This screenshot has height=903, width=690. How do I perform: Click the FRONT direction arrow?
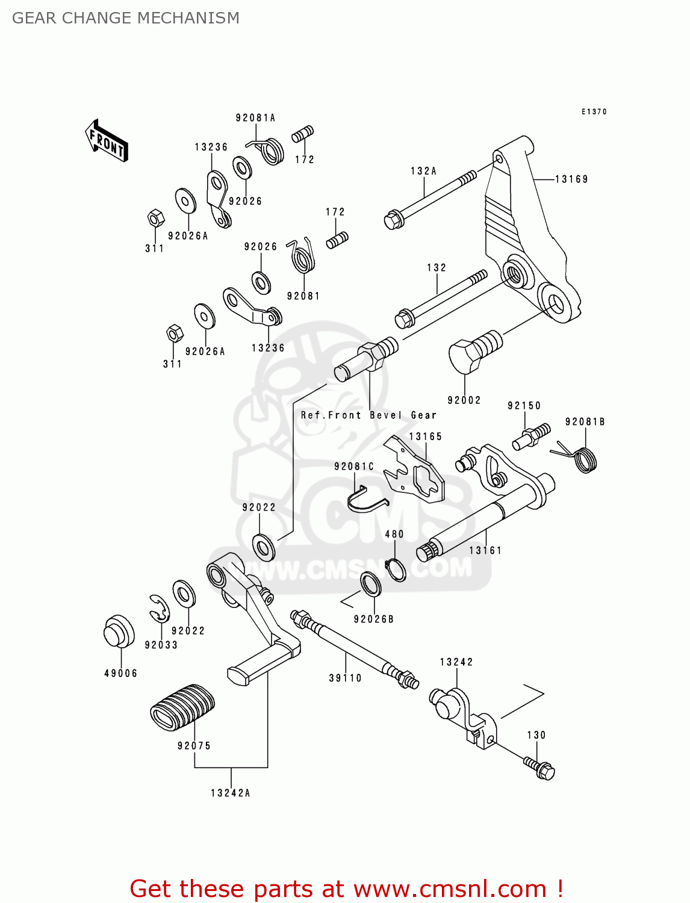pyautogui.click(x=106, y=141)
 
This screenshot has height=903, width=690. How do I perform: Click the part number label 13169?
pyautogui.click(x=571, y=179)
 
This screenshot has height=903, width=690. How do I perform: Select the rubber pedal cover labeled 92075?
pyautogui.click(x=182, y=707)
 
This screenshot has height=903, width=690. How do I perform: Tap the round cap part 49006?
pyautogui.click(x=119, y=631)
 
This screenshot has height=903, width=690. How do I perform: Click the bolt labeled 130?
pyautogui.click(x=539, y=767)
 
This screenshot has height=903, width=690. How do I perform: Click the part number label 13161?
pyautogui.click(x=485, y=550)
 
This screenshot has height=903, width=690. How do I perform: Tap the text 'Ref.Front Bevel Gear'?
pyautogui.click(x=368, y=415)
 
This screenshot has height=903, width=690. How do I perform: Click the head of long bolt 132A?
pyautogui.click(x=393, y=220)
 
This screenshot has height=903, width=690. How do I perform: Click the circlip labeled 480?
pyautogui.click(x=396, y=570)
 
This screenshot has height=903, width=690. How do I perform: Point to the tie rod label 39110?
pyautogui.click(x=345, y=678)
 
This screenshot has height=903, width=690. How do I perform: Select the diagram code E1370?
pyautogui.click(x=594, y=111)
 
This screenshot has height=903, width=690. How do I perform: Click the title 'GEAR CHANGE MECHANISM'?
pyautogui.click(x=126, y=18)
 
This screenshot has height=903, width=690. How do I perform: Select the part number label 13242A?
pyautogui.click(x=230, y=793)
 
